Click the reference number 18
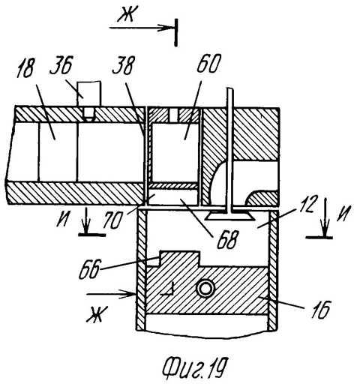coord(25,67)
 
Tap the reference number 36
coord(61,64)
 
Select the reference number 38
coord(124,64)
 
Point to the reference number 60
coord(208,63)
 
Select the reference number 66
coord(90,269)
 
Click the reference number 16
coord(321,310)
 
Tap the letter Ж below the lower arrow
coord(97,314)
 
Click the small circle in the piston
coord(206,289)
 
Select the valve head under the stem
coord(227,215)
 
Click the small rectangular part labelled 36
coord(89,93)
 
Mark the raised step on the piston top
coord(179,259)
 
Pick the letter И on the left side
coord(63,219)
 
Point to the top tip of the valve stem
coord(230,88)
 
